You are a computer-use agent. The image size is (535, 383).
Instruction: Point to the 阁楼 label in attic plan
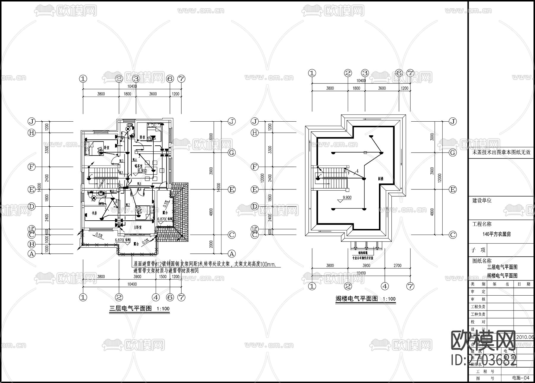[381, 179]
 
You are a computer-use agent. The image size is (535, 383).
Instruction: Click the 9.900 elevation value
[347, 197]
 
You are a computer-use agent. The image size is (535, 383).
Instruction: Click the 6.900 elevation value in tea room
[142, 171]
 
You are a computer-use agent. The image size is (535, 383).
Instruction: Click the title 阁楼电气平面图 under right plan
[356, 299]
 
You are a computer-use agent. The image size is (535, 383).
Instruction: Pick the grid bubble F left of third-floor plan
[32, 167]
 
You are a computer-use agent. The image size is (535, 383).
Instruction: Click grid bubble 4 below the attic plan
[385, 286]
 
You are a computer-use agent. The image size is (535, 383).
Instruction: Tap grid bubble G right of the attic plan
[452, 153]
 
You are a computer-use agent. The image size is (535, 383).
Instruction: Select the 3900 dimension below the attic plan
[366, 266]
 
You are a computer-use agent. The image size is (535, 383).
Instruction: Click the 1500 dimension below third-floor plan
[163, 277]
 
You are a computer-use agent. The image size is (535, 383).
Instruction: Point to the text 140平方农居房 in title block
[497, 234]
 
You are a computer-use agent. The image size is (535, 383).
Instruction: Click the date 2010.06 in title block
[525, 338]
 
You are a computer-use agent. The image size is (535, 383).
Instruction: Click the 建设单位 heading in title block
[482, 200]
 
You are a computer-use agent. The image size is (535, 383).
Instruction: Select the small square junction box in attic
[365, 153]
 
